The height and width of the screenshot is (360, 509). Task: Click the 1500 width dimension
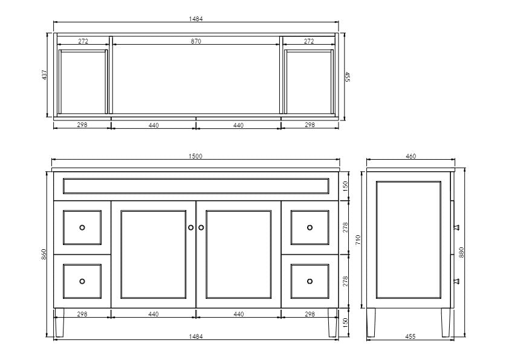coord(195,156)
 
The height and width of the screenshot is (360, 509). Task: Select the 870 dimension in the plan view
coord(196,41)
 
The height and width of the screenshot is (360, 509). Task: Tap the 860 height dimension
coord(44,255)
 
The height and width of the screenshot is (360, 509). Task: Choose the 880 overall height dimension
coord(461,253)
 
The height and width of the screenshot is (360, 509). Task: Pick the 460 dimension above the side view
coord(410,156)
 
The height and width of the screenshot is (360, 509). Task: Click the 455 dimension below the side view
coord(410,336)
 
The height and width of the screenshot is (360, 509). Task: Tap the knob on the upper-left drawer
coord(82,227)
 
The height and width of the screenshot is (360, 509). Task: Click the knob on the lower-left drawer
coord(82,281)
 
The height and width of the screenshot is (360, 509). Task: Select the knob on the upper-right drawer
coord(310,227)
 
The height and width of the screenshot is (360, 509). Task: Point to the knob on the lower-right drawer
coord(310,281)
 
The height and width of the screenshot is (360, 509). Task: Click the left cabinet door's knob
coord(190,227)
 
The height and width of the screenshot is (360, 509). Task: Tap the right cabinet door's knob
coord(201,227)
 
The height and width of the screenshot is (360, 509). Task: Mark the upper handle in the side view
coord(457,227)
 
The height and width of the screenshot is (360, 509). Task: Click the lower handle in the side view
coord(457,280)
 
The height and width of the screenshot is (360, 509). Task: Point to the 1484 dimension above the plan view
coord(196,19)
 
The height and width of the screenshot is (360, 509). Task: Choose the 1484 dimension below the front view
coord(195,336)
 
